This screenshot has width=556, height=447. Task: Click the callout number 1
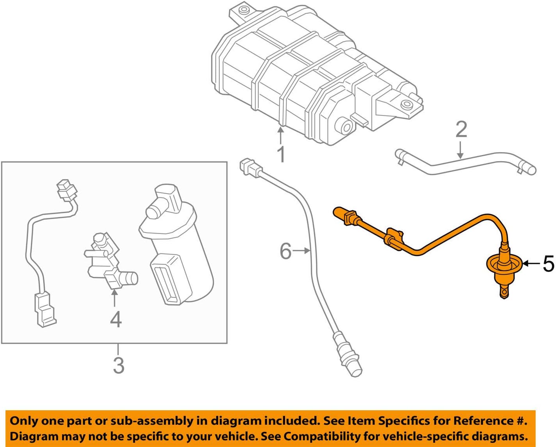(x=281, y=154)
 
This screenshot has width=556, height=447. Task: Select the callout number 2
(x=461, y=129)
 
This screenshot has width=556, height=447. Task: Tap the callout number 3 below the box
(x=118, y=365)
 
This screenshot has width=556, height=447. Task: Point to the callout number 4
(x=115, y=319)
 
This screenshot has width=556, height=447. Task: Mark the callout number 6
(x=285, y=251)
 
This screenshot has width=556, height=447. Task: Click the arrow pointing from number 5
(x=531, y=264)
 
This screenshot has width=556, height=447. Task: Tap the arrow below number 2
(x=460, y=151)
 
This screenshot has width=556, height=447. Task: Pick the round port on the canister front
(x=346, y=126)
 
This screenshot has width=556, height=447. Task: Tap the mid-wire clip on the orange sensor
(x=394, y=238)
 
